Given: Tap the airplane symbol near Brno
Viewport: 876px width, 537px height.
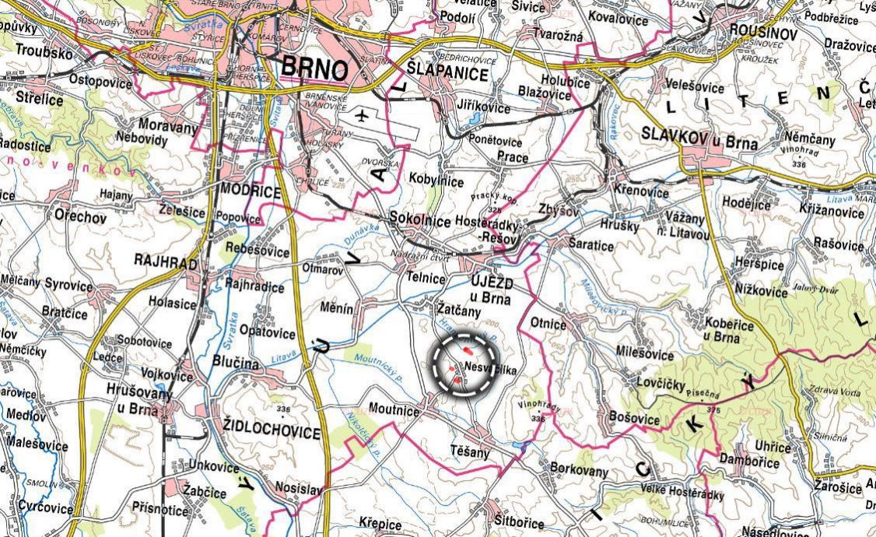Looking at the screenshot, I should pyautogui.click(x=361, y=116).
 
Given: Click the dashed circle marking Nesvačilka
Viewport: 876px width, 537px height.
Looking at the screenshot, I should pyautogui.click(x=464, y=364).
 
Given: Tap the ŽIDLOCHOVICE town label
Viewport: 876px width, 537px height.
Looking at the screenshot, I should pyautogui.click(x=271, y=432).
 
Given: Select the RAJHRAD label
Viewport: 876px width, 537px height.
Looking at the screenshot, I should pyautogui.click(x=166, y=264).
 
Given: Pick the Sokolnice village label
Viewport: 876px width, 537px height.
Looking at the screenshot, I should pyautogui.click(x=420, y=220).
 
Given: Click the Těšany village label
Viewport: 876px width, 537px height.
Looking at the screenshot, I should pyautogui.click(x=471, y=451).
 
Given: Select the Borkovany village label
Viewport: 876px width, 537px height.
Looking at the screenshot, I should pyautogui.click(x=579, y=469).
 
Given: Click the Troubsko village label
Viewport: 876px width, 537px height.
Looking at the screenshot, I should pyautogui.click(x=44, y=55).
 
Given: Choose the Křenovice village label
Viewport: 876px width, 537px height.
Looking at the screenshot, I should pyautogui.click(x=640, y=192).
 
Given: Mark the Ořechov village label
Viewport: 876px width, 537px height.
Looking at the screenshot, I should pyautogui.click(x=80, y=217).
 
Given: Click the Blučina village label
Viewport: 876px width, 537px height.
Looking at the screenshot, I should pyautogui.click(x=235, y=362).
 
